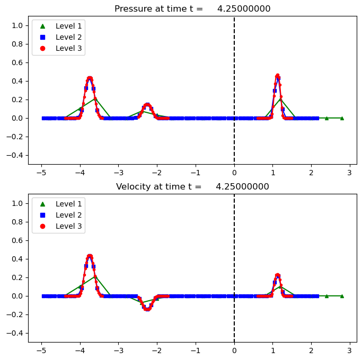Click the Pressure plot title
coord(192,8)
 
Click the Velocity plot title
coord(192,186)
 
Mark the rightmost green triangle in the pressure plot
coord(342,118)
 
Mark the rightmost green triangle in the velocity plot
coord(342,296)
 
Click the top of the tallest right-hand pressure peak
coord(277,76)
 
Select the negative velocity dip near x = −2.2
coord(147,309)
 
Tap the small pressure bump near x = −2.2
coord(147,105)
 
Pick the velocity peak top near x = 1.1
coord(278,275)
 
